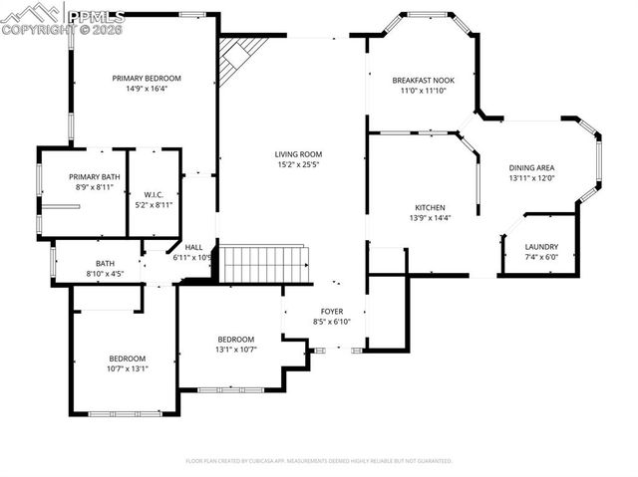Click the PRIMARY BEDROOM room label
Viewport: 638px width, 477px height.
[x=147, y=78]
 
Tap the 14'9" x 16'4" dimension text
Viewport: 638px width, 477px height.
[x=147, y=89]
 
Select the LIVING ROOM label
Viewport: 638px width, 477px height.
[x=298, y=153]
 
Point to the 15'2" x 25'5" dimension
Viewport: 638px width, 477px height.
[x=298, y=164]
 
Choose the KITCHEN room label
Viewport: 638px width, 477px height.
[x=430, y=207]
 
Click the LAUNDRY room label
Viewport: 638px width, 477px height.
[x=541, y=246]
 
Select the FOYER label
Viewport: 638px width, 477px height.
[x=332, y=312]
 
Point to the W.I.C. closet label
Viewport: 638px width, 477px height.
[x=153, y=194]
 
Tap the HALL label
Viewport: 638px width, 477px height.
[x=193, y=247]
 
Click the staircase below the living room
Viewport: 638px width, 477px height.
[x=262, y=265]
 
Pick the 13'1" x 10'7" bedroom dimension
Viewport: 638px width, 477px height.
[x=236, y=350]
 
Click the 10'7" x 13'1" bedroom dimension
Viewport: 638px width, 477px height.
[x=128, y=368]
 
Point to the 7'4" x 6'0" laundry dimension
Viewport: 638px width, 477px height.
[x=541, y=257]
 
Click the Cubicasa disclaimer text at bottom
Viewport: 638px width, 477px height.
[x=319, y=461]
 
